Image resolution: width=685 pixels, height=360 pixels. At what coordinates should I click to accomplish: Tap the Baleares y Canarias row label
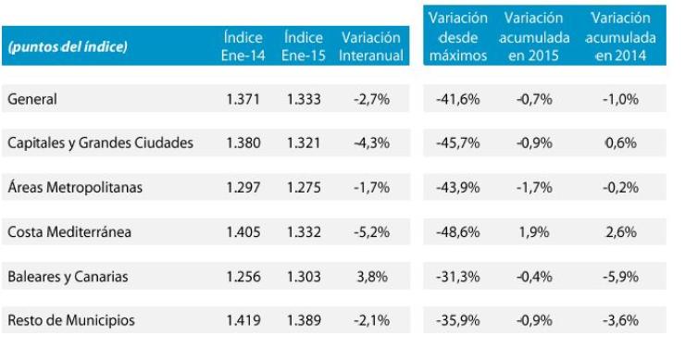coord(68,277)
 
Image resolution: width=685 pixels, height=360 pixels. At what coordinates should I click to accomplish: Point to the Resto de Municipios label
coord(71,320)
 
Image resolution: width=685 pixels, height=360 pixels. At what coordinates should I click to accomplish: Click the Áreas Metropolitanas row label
coord(77,188)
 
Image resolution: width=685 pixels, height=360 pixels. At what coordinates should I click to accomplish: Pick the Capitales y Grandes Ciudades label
coord(100,143)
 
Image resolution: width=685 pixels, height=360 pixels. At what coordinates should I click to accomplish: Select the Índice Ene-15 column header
coord(304,46)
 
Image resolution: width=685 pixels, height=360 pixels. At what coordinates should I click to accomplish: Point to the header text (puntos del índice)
coord(67,47)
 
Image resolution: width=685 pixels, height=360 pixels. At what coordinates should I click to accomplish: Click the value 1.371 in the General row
coord(243,98)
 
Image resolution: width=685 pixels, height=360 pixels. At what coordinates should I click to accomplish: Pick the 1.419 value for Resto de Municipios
coord(243,320)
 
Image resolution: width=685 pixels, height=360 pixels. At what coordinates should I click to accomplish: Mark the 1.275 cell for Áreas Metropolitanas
coord(303,188)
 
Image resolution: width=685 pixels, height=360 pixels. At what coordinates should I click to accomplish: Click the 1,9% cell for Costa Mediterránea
coord(539,231)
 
